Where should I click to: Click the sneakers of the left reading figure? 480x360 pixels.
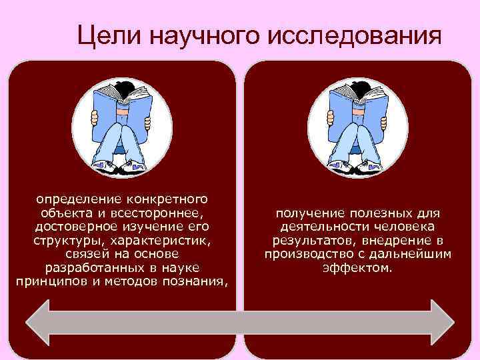click(x=120, y=167)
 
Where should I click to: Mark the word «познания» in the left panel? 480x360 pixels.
click(x=197, y=281)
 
